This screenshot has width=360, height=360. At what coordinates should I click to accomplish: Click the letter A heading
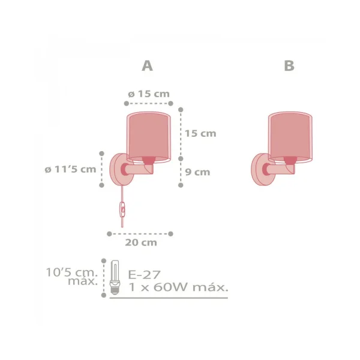pyautogui.click(x=147, y=65)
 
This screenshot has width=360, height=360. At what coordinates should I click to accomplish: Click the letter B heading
pyautogui.click(x=289, y=65)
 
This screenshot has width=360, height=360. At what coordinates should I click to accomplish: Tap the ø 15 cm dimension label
pyautogui.click(x=149, y=94)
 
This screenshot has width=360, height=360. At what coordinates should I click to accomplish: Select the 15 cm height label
pyautogui.click(x=200, y=133)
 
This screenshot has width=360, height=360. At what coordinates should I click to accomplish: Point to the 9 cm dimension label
pyautogui.click(x=197, y=172)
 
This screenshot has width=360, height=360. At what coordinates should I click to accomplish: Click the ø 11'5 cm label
pyautogui.click(x=70, y=169)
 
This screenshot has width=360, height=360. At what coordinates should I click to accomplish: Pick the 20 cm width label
pyautogui.click(x=141, y=242)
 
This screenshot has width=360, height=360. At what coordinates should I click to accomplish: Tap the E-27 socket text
pyautogui.click(x=144, y=275)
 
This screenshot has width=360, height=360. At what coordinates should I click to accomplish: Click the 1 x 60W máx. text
pyautogui.click(x=178, y=287)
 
